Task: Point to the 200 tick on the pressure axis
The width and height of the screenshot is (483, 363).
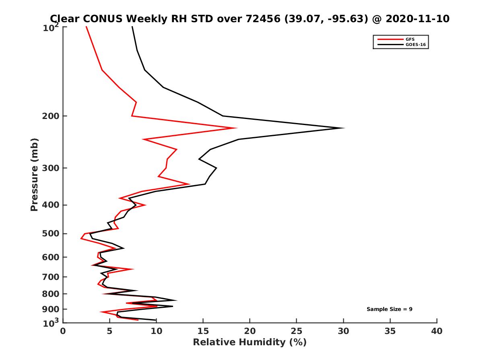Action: coord(51,116)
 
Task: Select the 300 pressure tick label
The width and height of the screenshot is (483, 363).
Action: coord(51,168)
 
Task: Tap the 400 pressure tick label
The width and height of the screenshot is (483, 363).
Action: coord(51,205)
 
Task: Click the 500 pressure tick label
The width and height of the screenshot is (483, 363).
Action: coord(51,234)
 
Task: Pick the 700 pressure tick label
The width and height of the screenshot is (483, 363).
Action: coord(51,277)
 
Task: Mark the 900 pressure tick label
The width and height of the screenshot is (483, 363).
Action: coord(51,309)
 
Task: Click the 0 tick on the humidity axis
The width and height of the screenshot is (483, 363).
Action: coord(63,331)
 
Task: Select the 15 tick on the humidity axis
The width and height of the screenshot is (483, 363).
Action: coord(203,331)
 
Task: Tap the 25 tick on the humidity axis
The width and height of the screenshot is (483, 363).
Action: coord(297,331)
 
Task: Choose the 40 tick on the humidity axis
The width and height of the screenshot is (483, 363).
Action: coord(437,331)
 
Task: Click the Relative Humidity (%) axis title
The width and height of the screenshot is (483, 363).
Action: coord(250,342)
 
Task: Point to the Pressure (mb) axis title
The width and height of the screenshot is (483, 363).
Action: coord(34,175)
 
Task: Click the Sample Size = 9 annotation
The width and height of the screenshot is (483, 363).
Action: coord(389,309)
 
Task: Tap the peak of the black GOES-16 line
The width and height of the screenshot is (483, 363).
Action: coord(344,128)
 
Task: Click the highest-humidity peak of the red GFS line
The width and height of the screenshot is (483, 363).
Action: coord(236,128)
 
